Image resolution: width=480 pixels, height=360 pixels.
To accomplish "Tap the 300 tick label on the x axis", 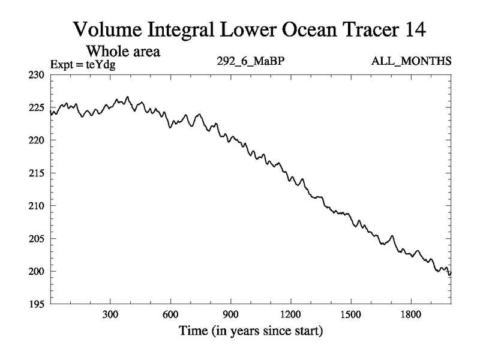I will point(110,314).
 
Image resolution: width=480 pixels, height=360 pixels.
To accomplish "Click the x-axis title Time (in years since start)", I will point(250,331).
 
